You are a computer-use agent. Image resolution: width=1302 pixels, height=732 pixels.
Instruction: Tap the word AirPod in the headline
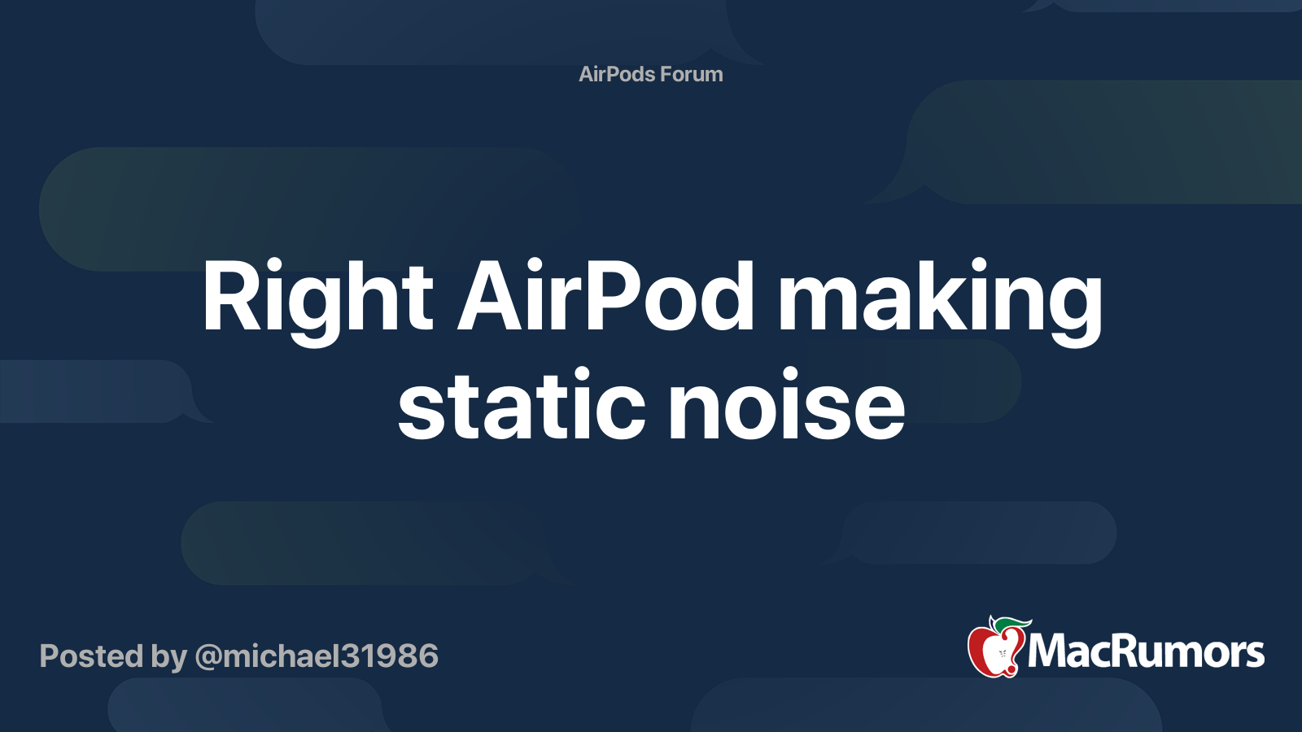(605, 295)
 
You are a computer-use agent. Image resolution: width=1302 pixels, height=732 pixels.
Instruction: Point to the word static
(522, 403)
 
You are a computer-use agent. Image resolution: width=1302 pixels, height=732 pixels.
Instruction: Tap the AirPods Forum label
(651, 74)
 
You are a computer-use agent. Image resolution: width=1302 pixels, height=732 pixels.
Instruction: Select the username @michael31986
(317, 656)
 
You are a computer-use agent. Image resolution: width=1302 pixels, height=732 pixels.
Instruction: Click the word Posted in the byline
(91, 656)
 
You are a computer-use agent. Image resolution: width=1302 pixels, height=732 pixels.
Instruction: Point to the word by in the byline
(169, 658)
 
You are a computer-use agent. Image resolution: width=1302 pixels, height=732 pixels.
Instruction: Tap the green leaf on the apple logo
(1011, 624)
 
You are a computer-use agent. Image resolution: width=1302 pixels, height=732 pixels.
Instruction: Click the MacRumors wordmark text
(1146, 652)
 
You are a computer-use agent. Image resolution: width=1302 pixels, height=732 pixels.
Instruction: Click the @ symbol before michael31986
(208, 657)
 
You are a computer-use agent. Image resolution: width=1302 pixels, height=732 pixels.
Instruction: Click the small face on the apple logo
(1002, 653)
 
